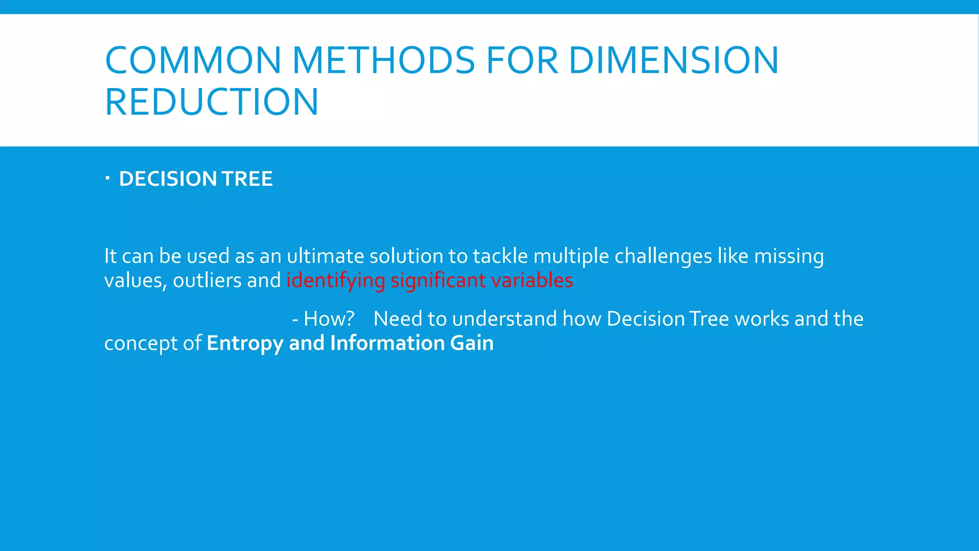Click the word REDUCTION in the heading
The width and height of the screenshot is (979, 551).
[211, 102]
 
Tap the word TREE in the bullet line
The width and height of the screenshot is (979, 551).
[247, 179]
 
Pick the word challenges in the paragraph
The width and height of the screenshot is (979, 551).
[663, 257]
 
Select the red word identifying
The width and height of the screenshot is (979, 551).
[336, 281]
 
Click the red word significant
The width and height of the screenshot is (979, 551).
[438, 281]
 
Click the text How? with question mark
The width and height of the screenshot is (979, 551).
[329, 319]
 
